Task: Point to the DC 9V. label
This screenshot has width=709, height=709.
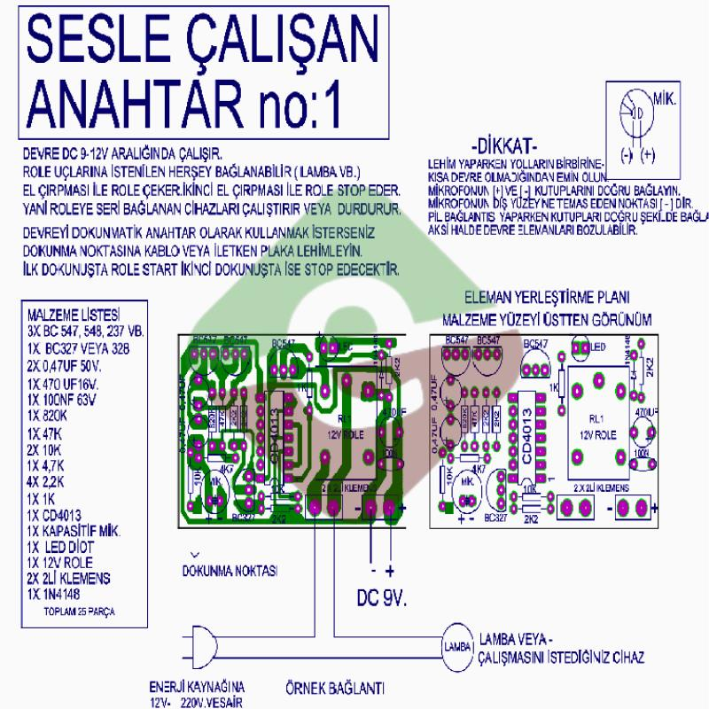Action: click(381, 598)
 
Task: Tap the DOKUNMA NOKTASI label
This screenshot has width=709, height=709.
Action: click(230, 570)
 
